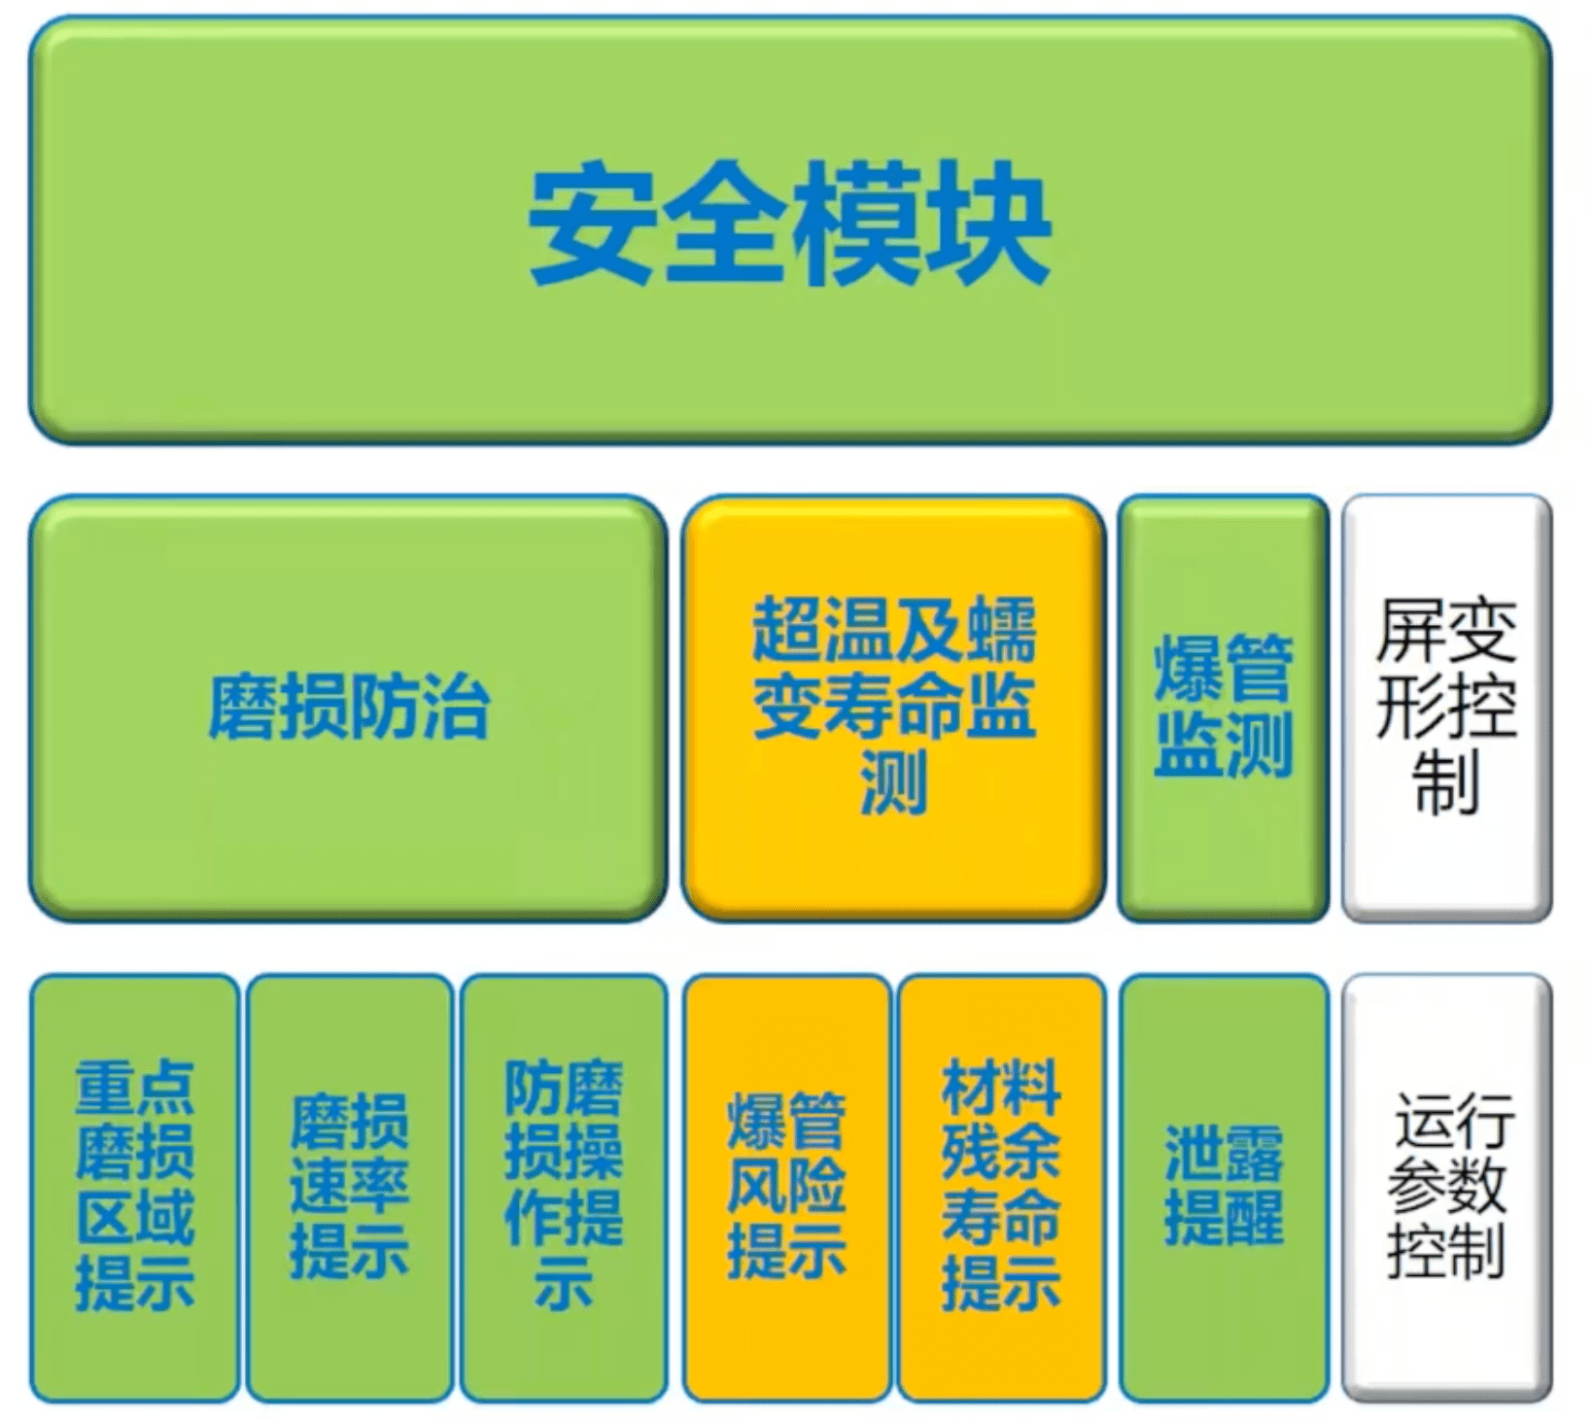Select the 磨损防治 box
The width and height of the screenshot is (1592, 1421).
coord(348,708)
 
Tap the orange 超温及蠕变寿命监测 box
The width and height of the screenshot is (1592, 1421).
coord(894,708)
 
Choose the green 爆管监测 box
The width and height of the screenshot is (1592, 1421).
coord(1224,708)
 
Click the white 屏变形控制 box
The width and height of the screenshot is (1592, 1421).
coord(1446,708)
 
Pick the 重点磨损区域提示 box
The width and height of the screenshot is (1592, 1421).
coord(134,1188)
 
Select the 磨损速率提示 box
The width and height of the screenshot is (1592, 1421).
coord(350,1188)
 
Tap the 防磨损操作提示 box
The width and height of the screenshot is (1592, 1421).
coord(564,1188)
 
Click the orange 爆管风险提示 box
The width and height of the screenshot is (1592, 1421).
coord(786,1188)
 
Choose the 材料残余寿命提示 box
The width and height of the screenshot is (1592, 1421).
coord(1001,1188)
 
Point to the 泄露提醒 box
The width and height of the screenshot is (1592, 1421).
coord(1224,1188)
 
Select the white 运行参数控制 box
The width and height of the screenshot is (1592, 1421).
coord(1446,1188)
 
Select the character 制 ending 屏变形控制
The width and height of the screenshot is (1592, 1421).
coord(1446,780)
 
